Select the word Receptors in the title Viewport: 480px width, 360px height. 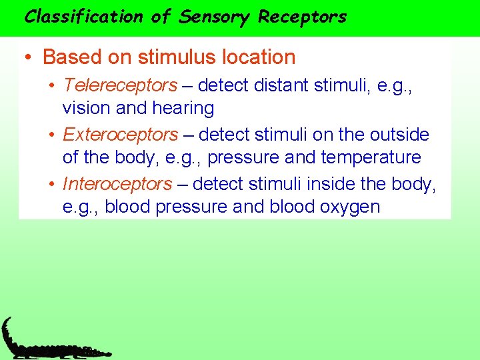(303, 17)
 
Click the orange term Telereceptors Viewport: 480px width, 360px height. (120, 85)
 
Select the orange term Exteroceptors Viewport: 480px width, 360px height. (120, 135)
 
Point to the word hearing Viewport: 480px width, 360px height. (183, 108)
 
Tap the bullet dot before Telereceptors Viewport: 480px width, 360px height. (52, 86)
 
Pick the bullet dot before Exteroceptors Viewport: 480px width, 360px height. (52, 135)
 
